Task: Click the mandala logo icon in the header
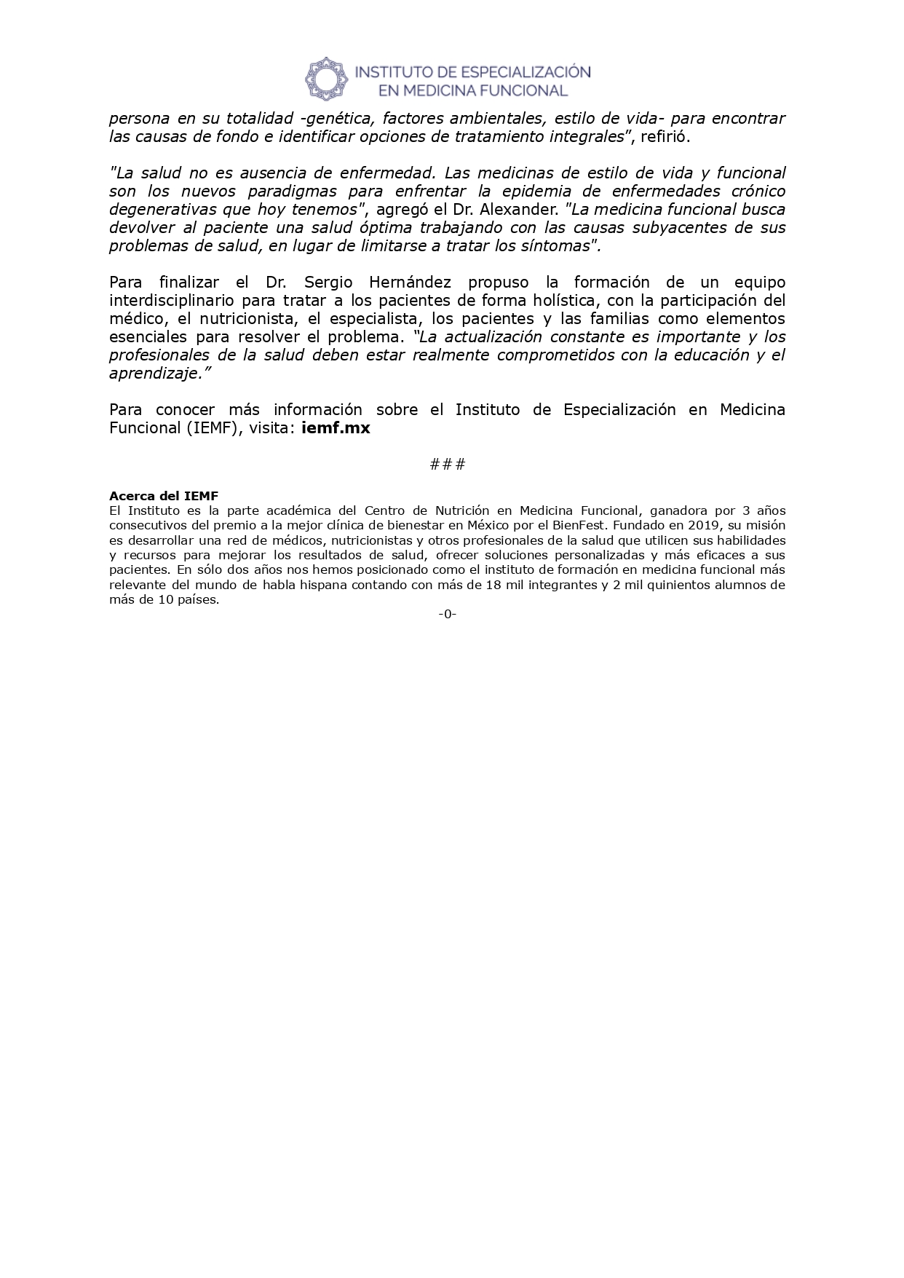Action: (326, 79)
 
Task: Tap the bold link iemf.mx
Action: (336, 428)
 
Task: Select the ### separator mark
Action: (448, 464)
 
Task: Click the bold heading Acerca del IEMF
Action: (164, 496)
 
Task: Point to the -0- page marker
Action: (448, 614)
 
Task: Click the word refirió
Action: (663, 137)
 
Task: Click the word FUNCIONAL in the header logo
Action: (523, 90)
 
